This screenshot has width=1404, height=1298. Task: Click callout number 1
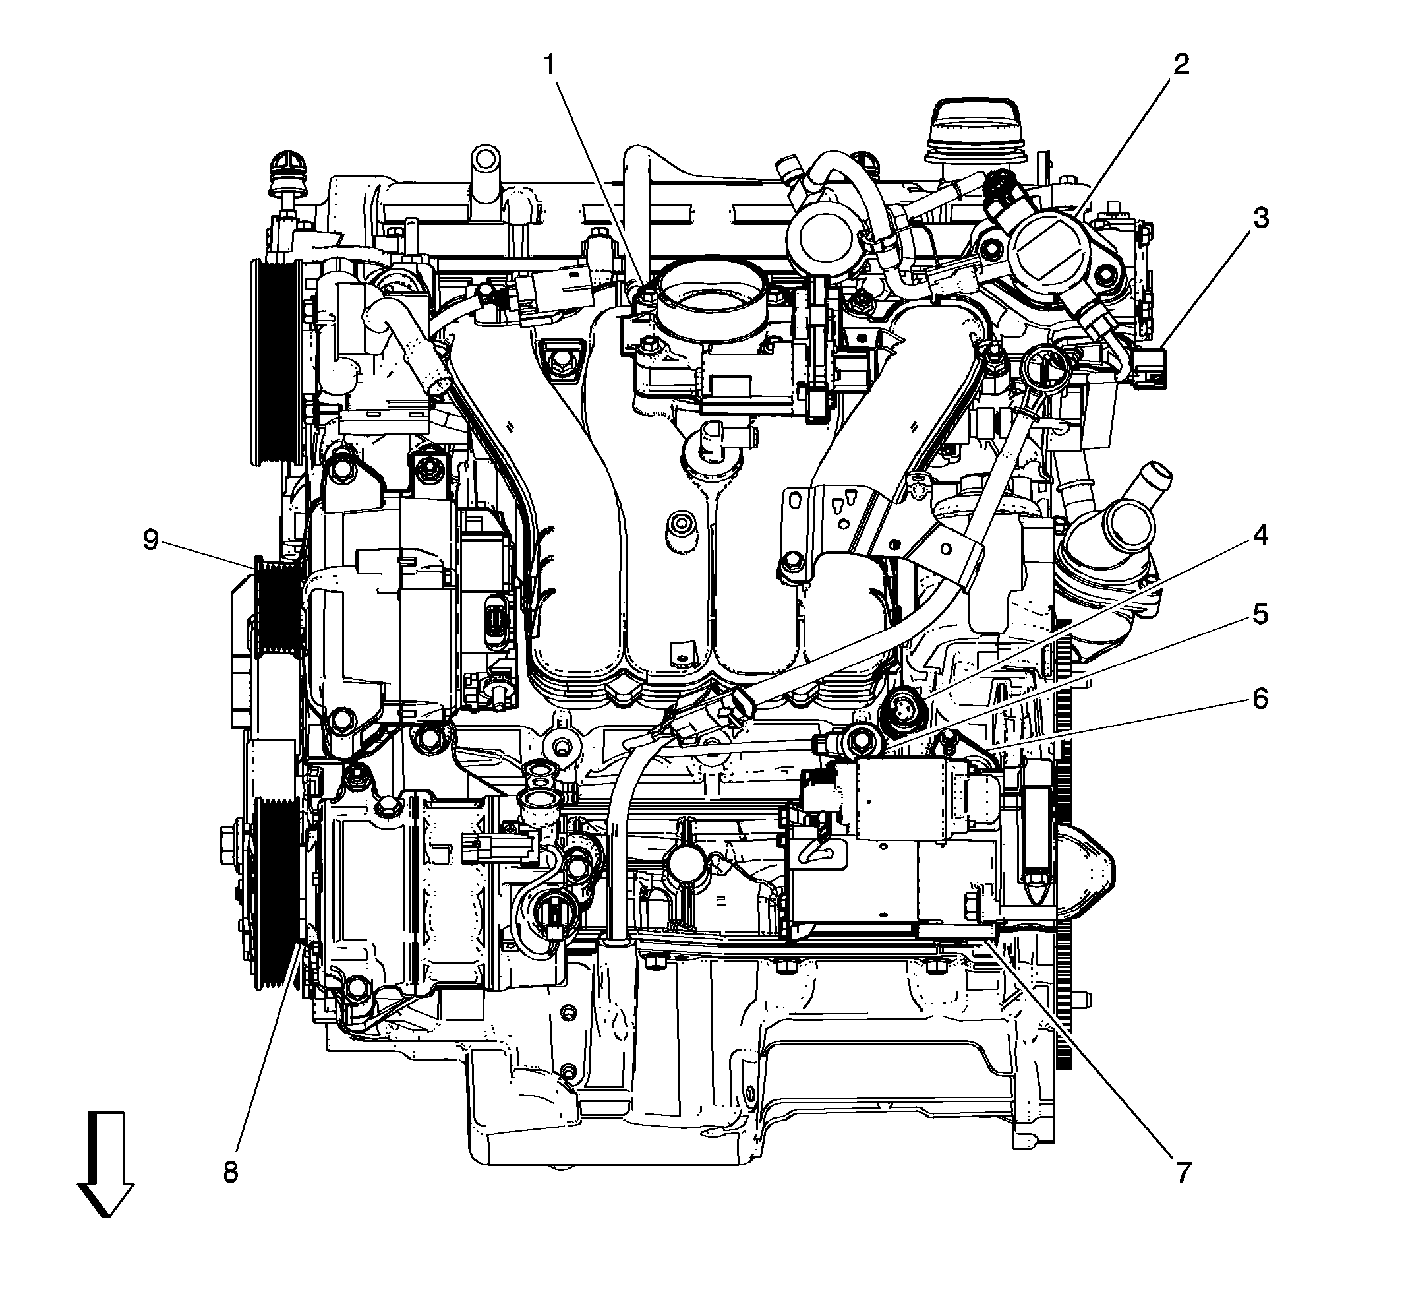coord(550,65)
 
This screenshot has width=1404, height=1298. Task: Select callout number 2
coord(1181,65)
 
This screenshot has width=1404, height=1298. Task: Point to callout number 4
coord(1261,536)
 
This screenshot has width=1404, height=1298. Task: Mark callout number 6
coord(1261,699)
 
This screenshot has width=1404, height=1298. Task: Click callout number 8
coord(231,1172)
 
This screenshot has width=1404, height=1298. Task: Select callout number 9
coord(151,540)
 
